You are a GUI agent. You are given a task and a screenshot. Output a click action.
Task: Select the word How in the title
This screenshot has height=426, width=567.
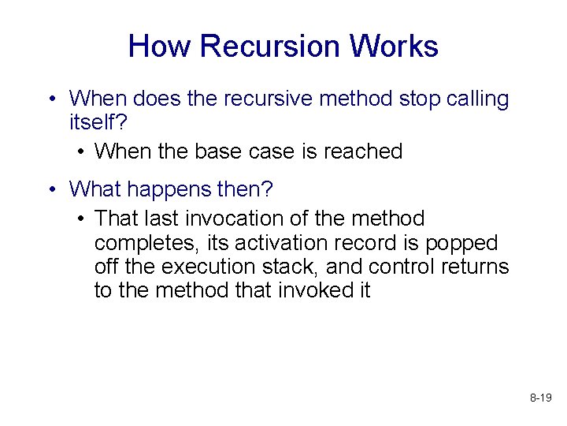click(159, 47)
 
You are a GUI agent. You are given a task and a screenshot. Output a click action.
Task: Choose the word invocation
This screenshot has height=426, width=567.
click(254, 218)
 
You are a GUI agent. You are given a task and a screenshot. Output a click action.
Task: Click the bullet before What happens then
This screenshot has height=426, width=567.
click(51, 189)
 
